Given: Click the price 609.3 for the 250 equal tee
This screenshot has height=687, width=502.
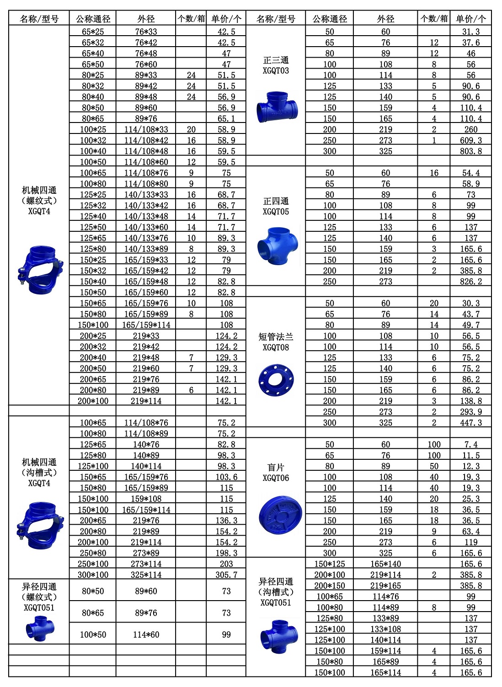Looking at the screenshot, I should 470,140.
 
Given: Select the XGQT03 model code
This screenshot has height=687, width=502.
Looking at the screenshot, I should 276,71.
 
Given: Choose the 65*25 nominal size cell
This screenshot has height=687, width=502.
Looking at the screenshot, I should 93,32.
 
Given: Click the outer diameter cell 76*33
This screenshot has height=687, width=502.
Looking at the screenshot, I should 146,32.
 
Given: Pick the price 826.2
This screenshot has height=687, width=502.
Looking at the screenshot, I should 470,282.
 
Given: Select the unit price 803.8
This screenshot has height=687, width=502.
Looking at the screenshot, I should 470,151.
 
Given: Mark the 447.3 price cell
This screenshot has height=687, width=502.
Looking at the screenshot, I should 470,423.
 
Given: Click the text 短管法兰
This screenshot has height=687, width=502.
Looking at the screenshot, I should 276,337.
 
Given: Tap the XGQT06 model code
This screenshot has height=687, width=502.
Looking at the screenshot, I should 276,478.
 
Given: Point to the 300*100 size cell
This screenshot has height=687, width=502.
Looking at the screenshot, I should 93,575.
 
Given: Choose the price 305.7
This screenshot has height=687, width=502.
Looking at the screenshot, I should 226,575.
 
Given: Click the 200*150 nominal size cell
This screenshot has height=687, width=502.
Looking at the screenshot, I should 330,586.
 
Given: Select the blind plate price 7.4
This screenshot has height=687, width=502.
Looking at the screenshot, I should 470,444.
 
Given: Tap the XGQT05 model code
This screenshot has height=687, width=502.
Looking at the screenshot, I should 276,212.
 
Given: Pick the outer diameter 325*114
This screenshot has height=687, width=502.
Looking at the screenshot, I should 146,575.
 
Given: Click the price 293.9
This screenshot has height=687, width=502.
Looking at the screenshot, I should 470,412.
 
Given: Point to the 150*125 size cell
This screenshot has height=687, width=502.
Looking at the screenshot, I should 330,564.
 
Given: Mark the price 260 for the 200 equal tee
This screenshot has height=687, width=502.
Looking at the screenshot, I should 470,129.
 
